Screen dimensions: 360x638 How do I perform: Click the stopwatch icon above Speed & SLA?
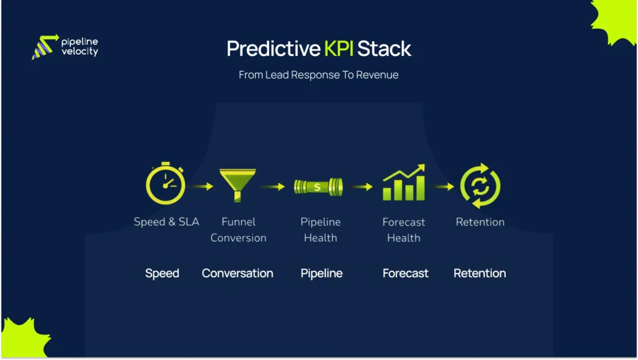coord(165,184)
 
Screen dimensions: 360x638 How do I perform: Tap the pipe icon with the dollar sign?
coord(318,186)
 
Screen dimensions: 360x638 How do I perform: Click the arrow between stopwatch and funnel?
coord(201,186)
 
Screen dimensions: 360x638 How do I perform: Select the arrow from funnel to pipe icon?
coord(273,186)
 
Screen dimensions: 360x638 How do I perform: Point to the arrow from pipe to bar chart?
coord(361,186)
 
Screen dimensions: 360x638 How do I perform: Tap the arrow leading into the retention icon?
coord(443,186)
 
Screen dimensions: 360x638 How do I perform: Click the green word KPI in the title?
coord(339,49)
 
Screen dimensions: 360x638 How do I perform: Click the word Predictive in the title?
coord(272,49)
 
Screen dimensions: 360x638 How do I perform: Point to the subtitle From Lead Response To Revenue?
coord(318,75)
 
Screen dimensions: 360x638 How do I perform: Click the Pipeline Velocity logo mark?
coord(44,47)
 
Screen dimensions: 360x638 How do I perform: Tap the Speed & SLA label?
coord(166,222)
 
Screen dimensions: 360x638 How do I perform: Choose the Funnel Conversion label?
coord(238,230)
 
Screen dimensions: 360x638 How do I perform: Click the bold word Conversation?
coord(237,273)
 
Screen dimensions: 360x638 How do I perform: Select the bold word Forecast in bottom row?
coord(405,273)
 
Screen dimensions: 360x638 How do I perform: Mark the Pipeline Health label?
coord(320,230)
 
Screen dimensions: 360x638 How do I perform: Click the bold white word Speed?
coord(162,273)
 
